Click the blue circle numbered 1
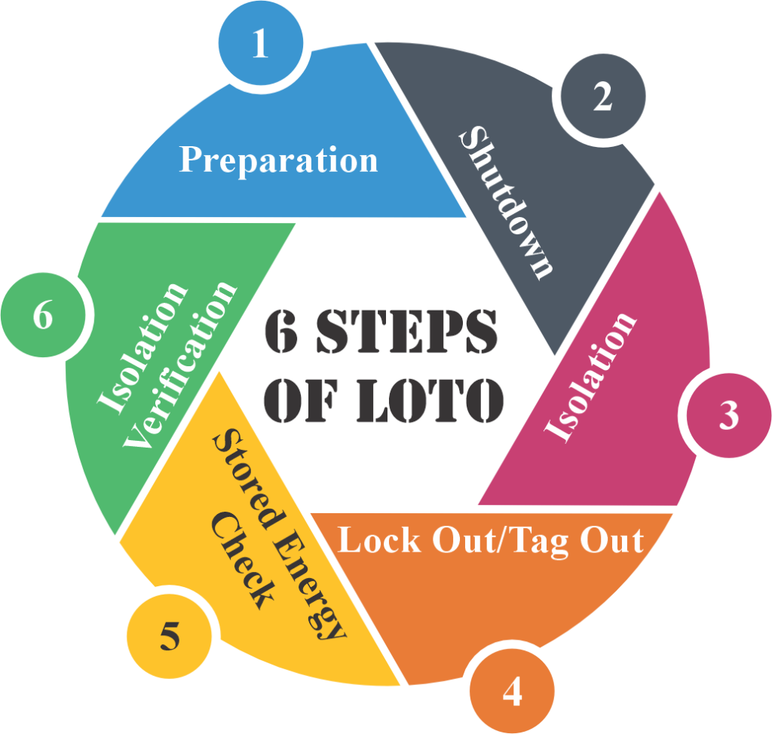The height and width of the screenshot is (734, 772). (261, 43)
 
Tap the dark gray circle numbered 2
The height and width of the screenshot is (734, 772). (603, 96)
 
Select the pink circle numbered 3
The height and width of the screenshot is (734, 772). (729, 415)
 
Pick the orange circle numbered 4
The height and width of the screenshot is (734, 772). (512, 691)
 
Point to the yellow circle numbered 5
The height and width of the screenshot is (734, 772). (170, 636)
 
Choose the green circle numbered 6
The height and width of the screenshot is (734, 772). (43, 315)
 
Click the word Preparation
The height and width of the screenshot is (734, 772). (278, 161)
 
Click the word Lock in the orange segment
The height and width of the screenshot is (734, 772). (379, 540)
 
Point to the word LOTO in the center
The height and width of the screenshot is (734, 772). (430, 400)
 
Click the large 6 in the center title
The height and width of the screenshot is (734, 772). (281, 331)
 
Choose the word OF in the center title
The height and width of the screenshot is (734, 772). (302, 400)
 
